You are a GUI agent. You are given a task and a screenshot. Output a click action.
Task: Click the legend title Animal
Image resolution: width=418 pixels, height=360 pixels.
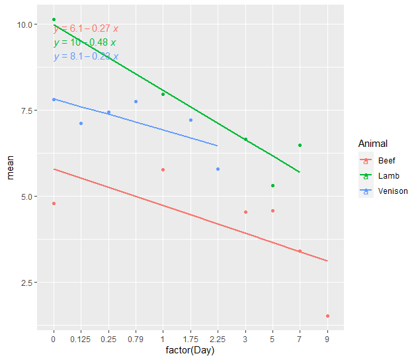[x=372, y=144]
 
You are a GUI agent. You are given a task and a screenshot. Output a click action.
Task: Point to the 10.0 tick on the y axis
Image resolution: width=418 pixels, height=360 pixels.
[x=25, y=24]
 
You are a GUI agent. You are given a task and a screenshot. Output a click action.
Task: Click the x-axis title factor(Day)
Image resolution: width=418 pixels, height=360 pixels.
[x=190, y=351]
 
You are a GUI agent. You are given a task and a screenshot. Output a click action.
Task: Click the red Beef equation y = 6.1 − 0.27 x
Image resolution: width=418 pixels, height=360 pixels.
[x=86, y=29]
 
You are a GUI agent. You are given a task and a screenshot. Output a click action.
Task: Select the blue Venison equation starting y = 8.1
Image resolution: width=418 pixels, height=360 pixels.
[x=86, y=57]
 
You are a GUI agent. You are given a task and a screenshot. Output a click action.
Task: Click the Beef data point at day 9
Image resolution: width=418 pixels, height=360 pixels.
[x=327, y=316]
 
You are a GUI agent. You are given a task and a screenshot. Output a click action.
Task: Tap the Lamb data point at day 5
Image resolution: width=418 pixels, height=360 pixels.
[x=272, y=185]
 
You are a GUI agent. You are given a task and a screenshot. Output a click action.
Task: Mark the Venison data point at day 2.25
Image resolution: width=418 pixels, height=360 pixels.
[x=218, y=169]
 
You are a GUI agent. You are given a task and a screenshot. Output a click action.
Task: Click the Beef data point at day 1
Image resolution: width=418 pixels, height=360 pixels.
[x=163, y=170]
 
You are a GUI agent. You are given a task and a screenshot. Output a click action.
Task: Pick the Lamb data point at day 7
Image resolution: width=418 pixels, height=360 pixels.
[x=300, y=145]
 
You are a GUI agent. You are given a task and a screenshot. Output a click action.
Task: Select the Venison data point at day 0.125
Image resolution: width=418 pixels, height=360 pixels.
[x=81, y=123]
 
